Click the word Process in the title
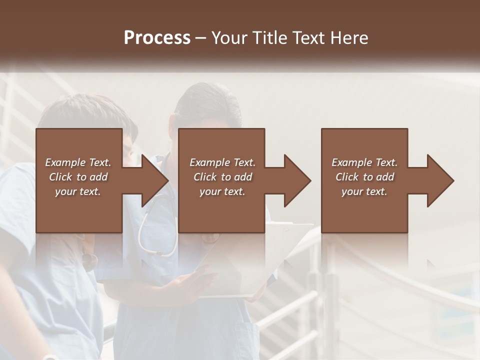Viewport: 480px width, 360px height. [157, 38]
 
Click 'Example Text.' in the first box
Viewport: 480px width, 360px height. [78, 162]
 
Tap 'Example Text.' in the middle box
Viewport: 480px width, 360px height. [222, 162]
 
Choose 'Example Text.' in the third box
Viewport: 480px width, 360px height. [364, 162]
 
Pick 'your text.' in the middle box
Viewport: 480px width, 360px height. [222, 191]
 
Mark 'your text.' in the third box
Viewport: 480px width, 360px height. [364, 191]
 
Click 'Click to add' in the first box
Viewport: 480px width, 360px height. [78, 177]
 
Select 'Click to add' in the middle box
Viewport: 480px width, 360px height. [222, 177]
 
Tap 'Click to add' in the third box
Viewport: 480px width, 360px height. [364, 177]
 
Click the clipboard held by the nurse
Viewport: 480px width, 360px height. [250, 265]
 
